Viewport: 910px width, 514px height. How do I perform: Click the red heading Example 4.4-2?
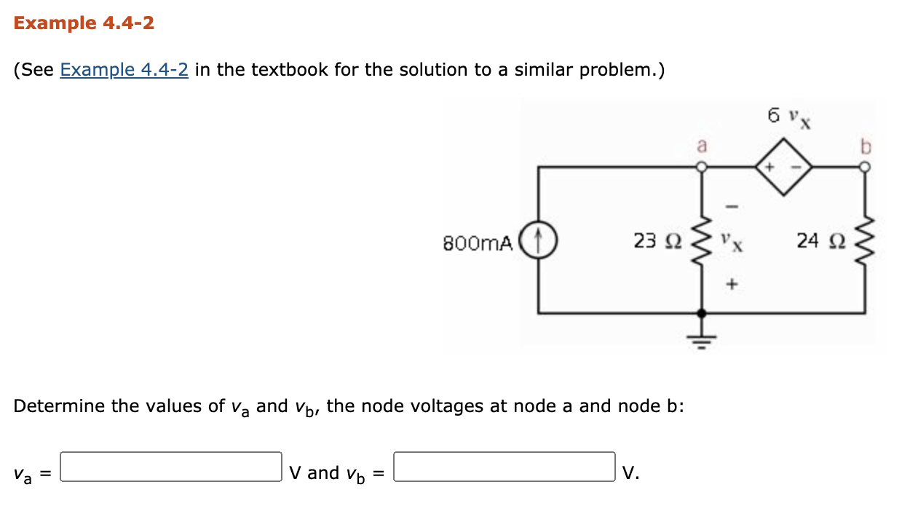pos(84,23)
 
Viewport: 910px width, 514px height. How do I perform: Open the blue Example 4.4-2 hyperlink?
pos(124,70)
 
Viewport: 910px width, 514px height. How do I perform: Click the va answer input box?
pos(171,467)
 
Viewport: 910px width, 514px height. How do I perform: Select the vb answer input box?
pos(505,467)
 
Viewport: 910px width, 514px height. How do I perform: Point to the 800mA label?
pos(478,242)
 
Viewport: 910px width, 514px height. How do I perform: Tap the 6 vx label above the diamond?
pos(789,116)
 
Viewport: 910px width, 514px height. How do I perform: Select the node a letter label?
pos(702,146)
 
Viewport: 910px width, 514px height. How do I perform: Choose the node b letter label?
pos(865,146)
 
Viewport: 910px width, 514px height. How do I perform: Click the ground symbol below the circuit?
pos(702,339)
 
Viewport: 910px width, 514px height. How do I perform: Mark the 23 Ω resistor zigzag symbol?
pos(702,240)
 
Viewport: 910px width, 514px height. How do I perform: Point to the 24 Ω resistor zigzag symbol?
pos(865,240)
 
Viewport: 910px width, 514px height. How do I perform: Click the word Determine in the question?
pos(58,406)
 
